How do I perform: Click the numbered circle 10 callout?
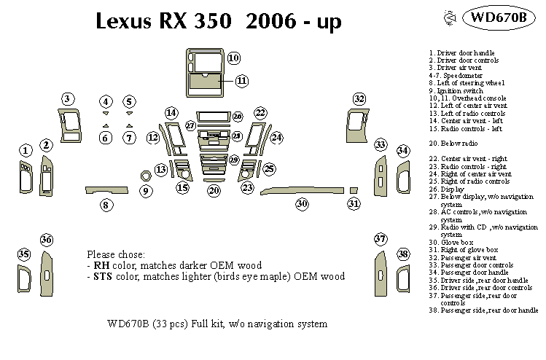click(x=233, y=58)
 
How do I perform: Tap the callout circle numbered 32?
click(x=359, y=98)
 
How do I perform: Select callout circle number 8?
click(x=106, y=206)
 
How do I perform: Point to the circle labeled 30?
click(x=301, y=205)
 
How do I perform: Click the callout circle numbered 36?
click(x=47, y=240)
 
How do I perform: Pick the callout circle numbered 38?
click(x=403, y=254)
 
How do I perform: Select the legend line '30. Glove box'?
click(x=452, y=242)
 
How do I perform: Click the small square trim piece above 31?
click(x=354, y=190)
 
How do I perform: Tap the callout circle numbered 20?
click(x=214, y=190)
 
